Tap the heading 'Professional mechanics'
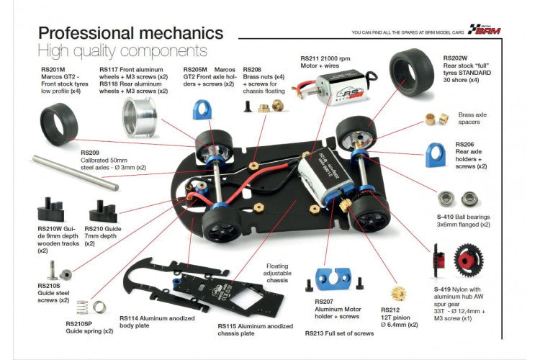click(130, 32)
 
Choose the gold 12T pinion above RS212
click(397, 293)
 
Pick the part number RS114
click(129, 318)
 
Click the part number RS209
click(91, 152)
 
